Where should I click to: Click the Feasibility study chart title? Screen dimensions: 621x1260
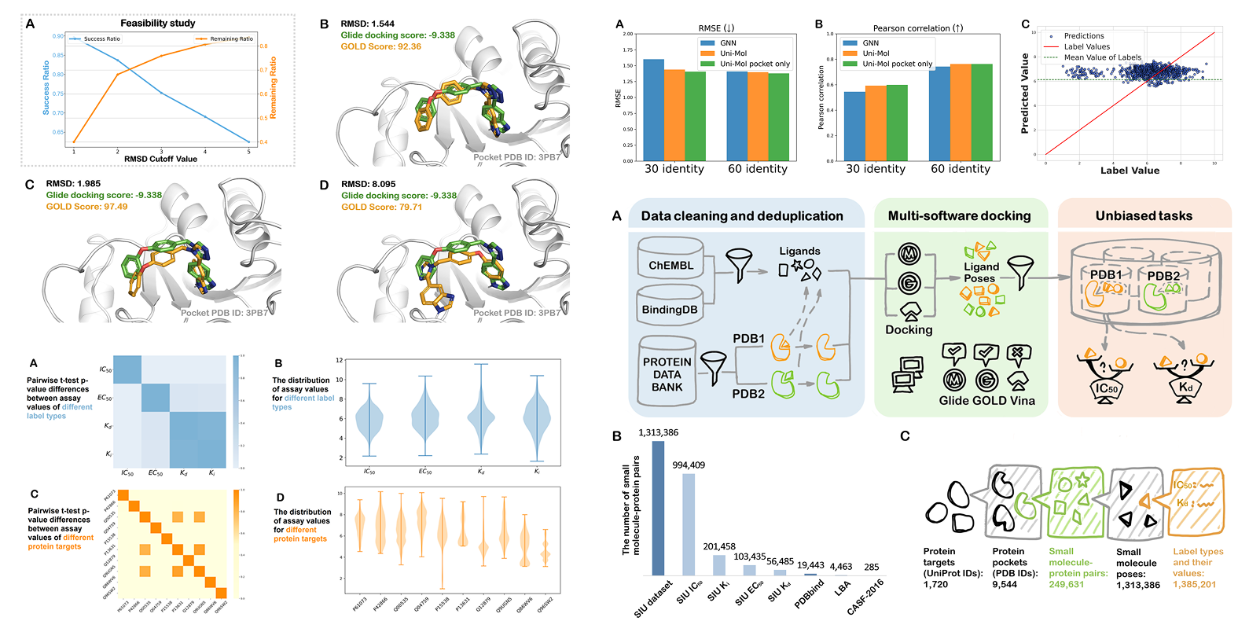[x=157, y=24]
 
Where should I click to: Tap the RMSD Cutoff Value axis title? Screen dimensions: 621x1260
[x=160, y=159]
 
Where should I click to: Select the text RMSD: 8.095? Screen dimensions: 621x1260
[x=368, y=184]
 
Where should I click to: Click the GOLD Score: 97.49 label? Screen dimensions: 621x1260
[x=86, y=207]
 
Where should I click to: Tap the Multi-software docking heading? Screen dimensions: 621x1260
[x=959, y=215]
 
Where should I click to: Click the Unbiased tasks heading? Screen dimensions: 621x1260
[x=1144, y=215]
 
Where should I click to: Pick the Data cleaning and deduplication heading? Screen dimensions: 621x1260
[x=741, y=215]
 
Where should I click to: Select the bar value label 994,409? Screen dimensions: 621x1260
[x=689, y=465]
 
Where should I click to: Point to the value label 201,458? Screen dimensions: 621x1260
[x=719, y=546]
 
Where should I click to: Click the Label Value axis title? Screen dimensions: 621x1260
[x=1130, y=171]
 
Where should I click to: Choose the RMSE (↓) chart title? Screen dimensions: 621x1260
[x=716, y=28]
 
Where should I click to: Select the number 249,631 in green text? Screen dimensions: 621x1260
[x=1066, y=585]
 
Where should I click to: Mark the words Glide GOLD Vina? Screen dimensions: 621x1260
[x=986, y=401]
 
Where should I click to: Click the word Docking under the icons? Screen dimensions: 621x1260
[x=909, y=330]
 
